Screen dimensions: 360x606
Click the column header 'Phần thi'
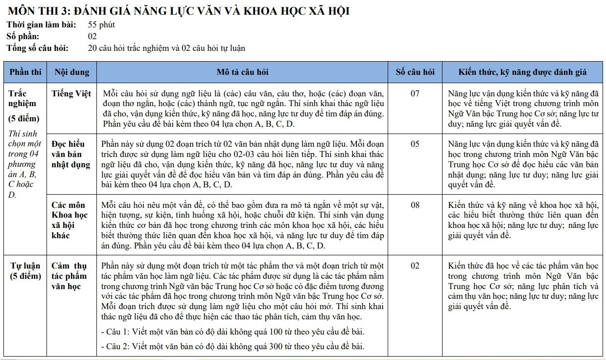[25, 72]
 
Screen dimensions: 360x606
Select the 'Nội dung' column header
[72, 72]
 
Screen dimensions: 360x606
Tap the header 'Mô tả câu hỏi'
[242, 72]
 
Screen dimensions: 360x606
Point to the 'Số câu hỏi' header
[415, 72]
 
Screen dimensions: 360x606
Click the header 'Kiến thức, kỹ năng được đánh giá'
[523, 72]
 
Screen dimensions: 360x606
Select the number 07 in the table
[415, 93]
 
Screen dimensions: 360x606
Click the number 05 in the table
[415, 144]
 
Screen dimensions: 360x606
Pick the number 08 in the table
[415, 205]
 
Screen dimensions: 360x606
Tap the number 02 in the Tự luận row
[415, 266]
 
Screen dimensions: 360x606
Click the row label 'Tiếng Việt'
[72, 93]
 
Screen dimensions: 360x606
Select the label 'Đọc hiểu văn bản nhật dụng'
[71, 154]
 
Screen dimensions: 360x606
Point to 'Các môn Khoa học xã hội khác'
[69, 220]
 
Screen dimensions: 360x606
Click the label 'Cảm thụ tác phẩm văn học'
[69, 276]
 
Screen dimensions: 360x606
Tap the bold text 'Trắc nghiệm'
[23, 98]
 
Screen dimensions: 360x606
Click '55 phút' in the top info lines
[101, 25]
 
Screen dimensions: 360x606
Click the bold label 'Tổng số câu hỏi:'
[38, 48]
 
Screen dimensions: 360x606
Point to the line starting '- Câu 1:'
[233, 332]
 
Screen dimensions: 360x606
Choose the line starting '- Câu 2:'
[233, 347]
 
